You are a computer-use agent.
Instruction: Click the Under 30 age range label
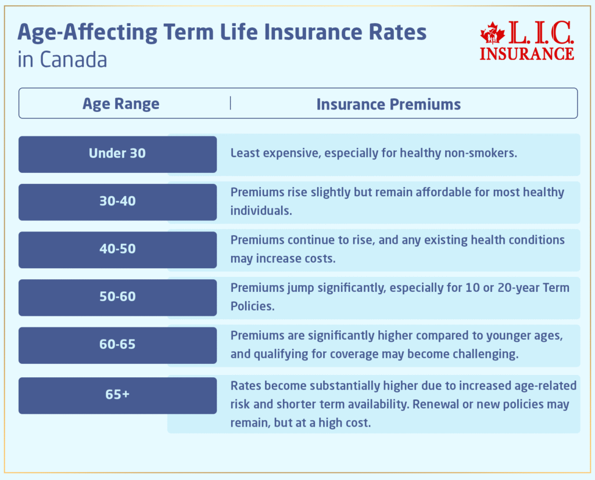coord(117,154)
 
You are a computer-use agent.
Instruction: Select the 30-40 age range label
coord(117,201)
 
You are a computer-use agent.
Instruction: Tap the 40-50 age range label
coord(117,249)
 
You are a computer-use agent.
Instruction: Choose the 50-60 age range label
coord(117,297)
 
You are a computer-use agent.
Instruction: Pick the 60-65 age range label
coord(117,344)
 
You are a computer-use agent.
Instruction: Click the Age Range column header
coord(121,104)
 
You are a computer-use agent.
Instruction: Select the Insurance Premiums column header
coord(388,104)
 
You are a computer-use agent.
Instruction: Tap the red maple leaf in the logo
coord(492,35)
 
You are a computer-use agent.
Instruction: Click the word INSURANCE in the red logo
coord(527,53)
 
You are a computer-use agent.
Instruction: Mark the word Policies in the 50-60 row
coord(252,306)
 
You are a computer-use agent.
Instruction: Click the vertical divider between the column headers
coord(231,103)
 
